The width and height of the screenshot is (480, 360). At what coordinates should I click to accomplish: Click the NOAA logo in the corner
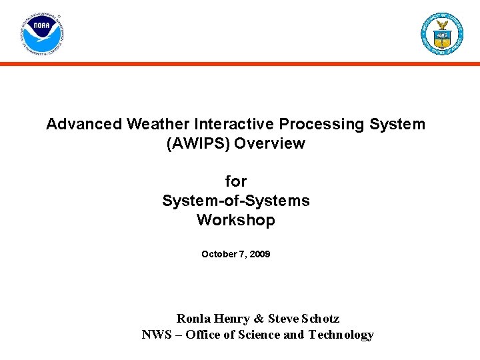click(42, 33)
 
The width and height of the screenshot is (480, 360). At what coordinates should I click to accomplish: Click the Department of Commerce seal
click(441, 33)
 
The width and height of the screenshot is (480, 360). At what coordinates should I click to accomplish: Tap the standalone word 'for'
click(236, 181)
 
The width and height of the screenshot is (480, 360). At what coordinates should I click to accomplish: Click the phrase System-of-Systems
click(236, 201)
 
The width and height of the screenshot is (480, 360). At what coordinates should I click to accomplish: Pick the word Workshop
click(236, 220)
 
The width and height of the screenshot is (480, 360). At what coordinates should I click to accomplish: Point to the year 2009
click(259, 254)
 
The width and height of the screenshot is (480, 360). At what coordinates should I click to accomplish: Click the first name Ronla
click(194, 319)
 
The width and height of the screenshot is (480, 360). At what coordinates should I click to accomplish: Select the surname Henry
click(233, 319)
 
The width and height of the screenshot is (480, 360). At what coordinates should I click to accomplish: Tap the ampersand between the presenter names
click(259, 319)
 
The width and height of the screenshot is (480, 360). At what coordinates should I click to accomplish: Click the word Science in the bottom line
click(260, 335)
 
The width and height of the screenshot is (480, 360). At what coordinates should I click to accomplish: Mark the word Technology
click(341, 335)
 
